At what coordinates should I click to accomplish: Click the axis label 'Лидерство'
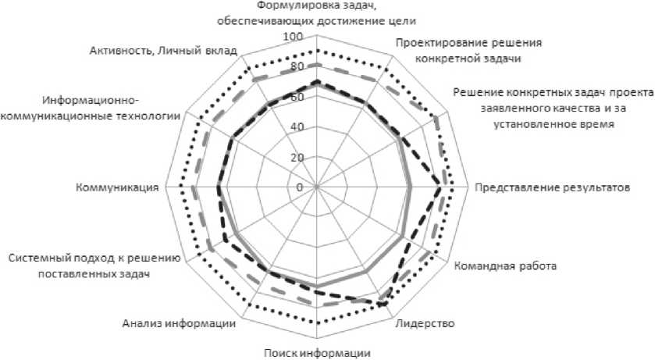tap(425, 323)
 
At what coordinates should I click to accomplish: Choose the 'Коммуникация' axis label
tap(118, 187)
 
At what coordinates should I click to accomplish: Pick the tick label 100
tap(294, 37)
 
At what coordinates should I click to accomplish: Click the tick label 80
tap(296, 67)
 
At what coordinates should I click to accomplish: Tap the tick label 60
tap(296, 98)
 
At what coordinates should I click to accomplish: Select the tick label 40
tap(296, 127)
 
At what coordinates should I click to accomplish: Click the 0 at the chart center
tap(300, 187)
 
